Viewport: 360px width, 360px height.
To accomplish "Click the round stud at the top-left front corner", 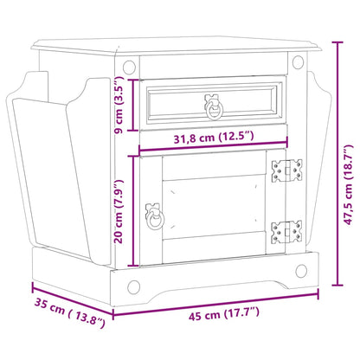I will coord(129,66).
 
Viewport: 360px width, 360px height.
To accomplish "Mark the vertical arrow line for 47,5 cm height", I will coord(335,164).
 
